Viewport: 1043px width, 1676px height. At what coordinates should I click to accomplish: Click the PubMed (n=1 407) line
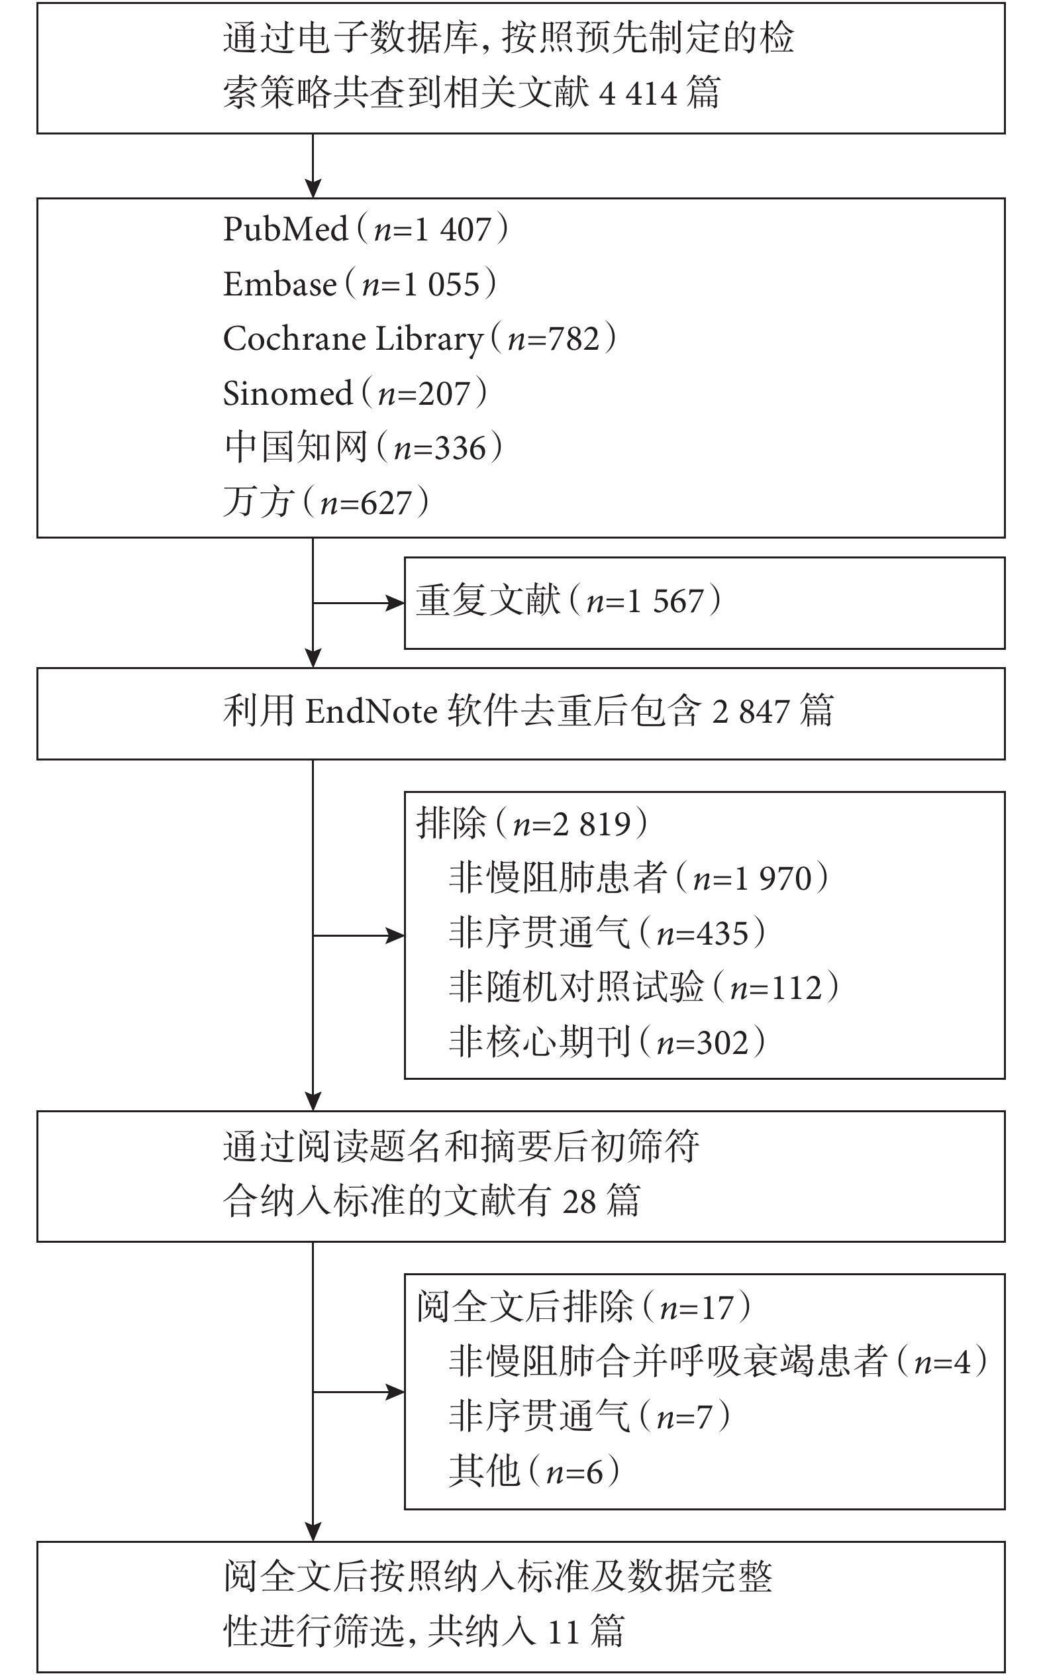click(x=366, y=229)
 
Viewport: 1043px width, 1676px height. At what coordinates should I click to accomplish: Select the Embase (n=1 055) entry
click(x=360, y=284)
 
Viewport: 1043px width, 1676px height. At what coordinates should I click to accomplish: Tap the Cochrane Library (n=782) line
click(x=420, y=339)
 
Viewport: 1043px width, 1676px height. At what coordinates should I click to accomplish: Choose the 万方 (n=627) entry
click(x=326, y=502)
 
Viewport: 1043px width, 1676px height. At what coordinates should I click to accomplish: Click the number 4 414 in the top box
click(x=639, y=93)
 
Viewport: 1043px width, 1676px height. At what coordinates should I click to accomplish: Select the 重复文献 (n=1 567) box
click(x=705, y=603)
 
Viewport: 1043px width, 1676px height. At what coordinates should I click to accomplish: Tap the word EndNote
click(x=371, y=711)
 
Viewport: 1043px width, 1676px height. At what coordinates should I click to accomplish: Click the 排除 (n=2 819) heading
click(x=532, y=823)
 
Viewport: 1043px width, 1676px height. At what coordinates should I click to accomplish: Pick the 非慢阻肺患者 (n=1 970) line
click(x=639, y=878)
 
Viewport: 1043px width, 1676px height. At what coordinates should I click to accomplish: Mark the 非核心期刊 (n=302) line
click(x=607, y=1042)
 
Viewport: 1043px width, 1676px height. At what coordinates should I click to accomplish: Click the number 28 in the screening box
click(x=578, y=1202)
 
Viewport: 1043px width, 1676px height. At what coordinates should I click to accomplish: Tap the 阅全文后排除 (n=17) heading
click(x=583, y=1307)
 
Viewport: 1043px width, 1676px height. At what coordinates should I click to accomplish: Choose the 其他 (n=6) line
click(x=534, y=1471)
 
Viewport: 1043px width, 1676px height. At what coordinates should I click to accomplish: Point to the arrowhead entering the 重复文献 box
click(x=395, y=603)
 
